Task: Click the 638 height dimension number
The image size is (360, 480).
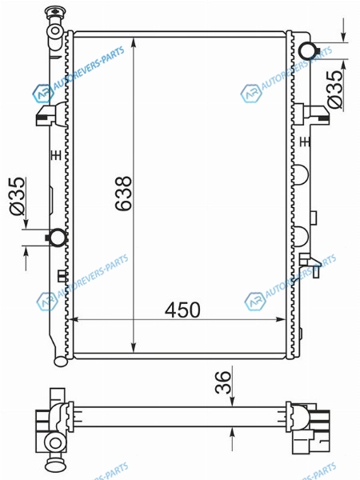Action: pos(124,194)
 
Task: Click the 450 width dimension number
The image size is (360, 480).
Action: pos(182,310)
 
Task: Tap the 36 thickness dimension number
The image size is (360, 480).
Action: pos(222,382)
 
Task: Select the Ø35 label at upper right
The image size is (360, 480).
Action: pos(334,90)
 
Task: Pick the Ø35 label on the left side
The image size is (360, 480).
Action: pos(17,196)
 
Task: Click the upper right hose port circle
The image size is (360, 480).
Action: pos(308,50)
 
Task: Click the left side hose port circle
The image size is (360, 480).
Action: pos(58,238)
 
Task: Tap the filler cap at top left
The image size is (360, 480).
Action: pos(54,13)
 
